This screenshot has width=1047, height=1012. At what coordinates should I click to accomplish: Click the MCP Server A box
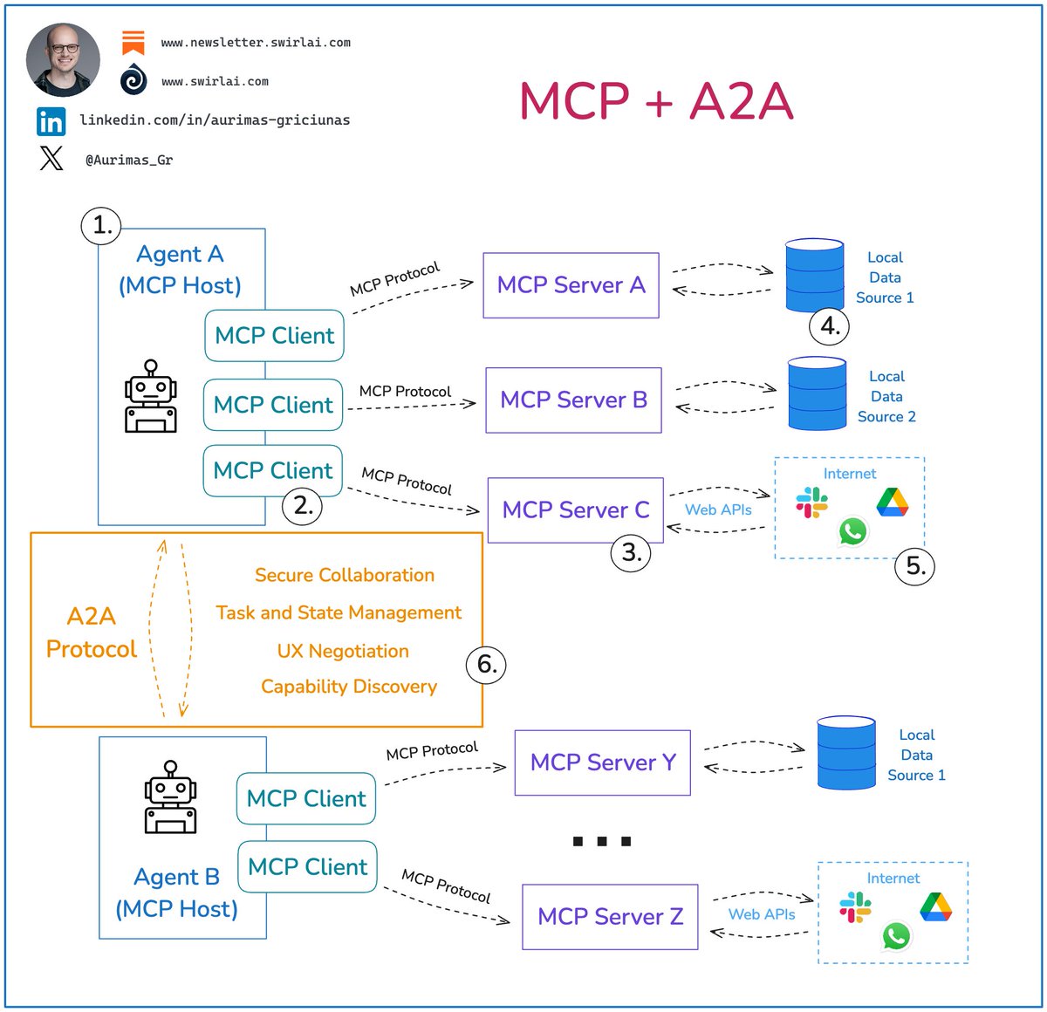[x=571, y=285]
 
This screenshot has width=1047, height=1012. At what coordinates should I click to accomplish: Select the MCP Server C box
[x=575, y=510]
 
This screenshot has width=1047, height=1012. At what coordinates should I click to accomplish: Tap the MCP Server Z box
[x=610, y=917]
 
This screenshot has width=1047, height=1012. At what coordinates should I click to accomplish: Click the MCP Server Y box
[x=602, y=762]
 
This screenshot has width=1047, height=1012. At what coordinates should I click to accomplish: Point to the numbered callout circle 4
[x=829, y=326]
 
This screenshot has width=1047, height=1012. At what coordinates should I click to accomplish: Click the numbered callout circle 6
[x=486, y=665]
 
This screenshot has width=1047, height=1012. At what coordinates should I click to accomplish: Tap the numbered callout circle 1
[x=101, y=225]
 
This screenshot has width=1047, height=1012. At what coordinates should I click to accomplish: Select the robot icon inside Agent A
[x=151, y=397]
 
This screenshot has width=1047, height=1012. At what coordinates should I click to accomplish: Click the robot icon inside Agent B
[x=170, y=797]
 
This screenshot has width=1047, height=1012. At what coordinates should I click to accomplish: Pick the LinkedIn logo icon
[x=51, y=121]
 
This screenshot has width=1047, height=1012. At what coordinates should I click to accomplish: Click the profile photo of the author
[x=63, y=59]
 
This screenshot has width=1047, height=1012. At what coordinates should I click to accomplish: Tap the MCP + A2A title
[x=656, y=101]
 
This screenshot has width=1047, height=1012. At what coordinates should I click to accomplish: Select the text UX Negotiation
[x=343, y=651]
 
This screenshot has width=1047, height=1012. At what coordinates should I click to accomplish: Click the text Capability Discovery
[x=349, y=687]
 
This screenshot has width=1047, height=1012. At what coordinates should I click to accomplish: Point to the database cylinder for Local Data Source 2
[x=817, y=393]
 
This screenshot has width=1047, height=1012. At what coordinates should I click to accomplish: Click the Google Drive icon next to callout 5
[x=892, y=503]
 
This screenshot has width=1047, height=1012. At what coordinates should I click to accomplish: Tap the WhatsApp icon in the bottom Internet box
[x=896, y=936]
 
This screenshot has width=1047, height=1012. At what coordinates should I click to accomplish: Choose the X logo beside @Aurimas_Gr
[x=51, y=159]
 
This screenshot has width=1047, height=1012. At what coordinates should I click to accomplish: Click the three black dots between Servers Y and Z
[x=602, y=841]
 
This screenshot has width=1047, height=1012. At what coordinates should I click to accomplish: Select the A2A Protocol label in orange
[x=92, y=632]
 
